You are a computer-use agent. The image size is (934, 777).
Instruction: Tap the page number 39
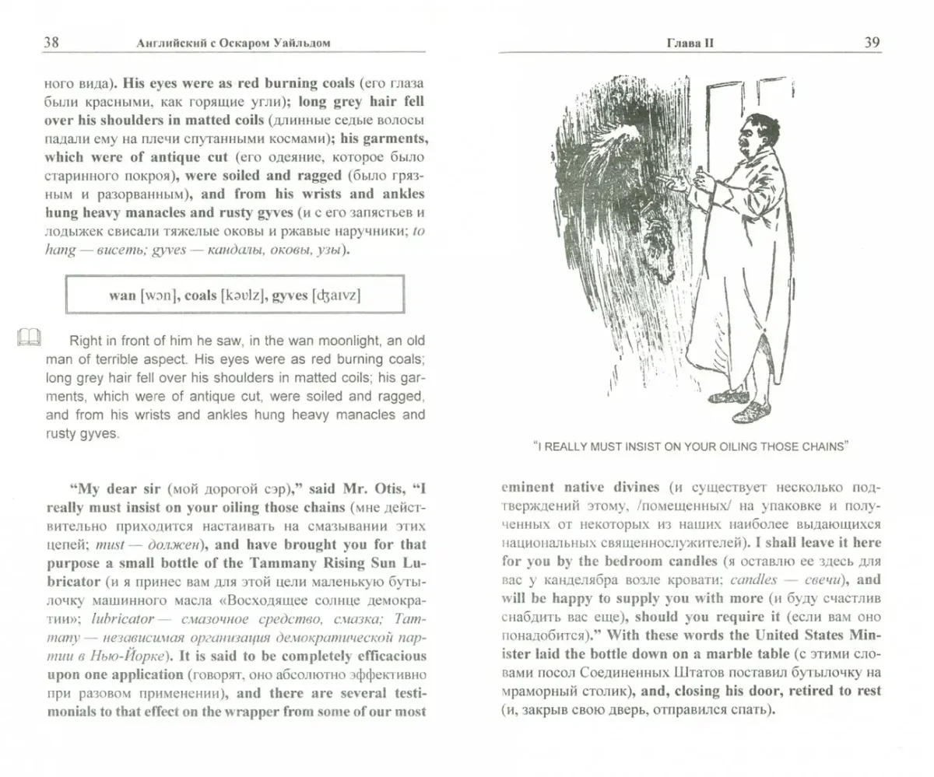pyautogui.click(x=872, y=43)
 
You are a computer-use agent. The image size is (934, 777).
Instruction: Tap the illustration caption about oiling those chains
pyautogui.click(x=690, y=446)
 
